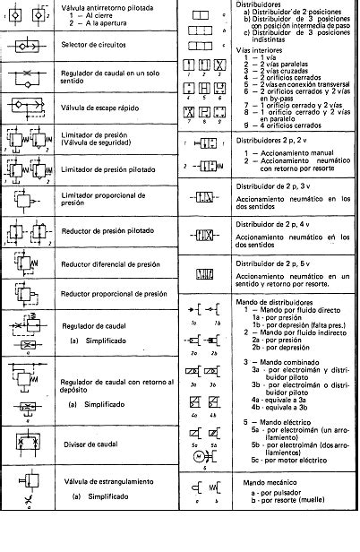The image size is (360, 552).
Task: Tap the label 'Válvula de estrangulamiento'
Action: [110, 481]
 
